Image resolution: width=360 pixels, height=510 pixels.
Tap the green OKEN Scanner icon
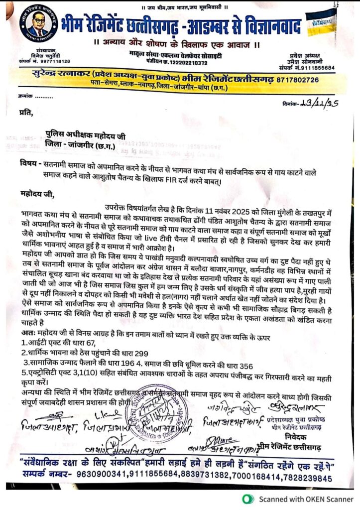[247, 499]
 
